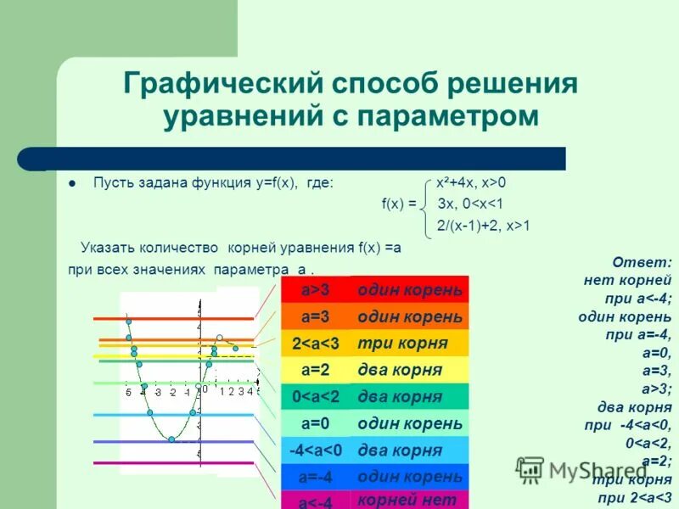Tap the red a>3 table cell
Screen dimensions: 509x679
click(x=315, y=290)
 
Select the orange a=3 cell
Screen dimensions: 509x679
click(x=315, y=317)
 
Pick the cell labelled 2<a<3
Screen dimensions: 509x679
click(x=315, y=344)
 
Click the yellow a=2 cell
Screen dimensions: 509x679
click(x=315, y=370)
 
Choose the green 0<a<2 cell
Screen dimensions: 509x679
click(x=315, y=396)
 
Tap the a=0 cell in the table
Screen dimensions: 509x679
click(x=315, y=423)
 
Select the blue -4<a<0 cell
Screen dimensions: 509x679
click(x=315, y=450)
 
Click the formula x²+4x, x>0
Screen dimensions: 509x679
click(x=471, y=182)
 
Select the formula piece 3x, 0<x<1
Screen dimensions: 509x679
click(x=471, y=204)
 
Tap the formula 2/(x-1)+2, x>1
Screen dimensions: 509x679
click(x=484, y=225)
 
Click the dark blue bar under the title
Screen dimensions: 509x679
click(x=306, y=158)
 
